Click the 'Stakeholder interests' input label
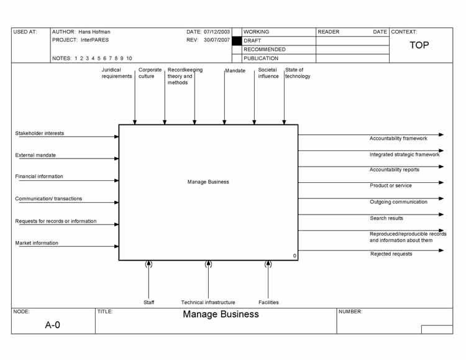pos(39,133)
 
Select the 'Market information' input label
pos(37,243)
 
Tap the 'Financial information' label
pos(39,177)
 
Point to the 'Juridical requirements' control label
pos(117,73)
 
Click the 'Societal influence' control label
pos(268,73)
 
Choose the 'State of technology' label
pos(298,73)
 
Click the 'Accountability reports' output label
pos(395,170)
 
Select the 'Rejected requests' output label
pos(391,254)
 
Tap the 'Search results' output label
pos(386,218)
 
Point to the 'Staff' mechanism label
pos(148,302)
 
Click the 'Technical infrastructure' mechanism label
pos(208,302)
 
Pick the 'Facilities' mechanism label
pos(268,302)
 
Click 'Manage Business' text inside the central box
pos(208,182)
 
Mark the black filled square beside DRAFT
pos(236,40)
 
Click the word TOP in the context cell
pos(419,45)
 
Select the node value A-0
pos(52,324)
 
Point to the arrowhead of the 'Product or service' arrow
pos(441,183)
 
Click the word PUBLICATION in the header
pos(261,58)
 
